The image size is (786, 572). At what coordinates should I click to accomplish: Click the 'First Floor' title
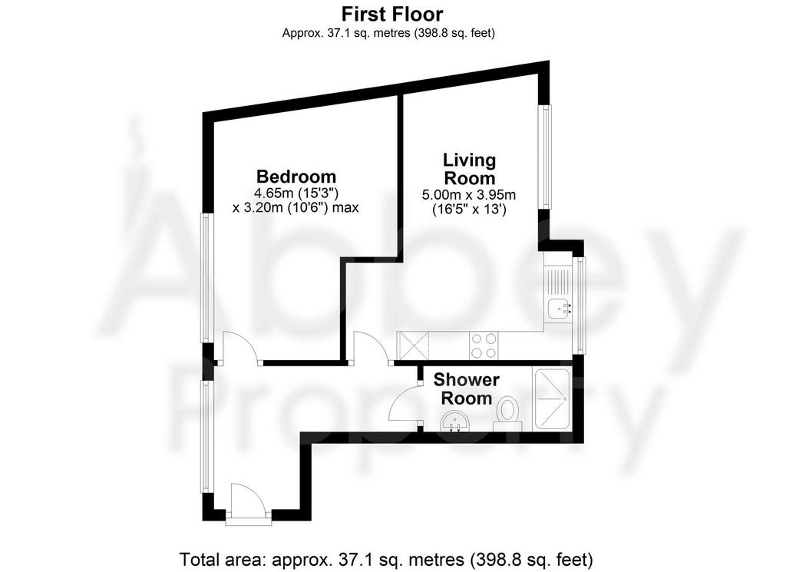pos(392,14)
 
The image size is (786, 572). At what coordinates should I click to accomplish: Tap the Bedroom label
pos(296,177)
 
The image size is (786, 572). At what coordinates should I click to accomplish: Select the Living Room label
pos(470,169)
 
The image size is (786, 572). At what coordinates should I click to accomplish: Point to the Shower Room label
pos(466,389)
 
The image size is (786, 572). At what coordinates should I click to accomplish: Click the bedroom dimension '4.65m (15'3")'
pos(296,193)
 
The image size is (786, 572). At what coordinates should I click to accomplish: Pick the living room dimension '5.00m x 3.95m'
pos(469,194)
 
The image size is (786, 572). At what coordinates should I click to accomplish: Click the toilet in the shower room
pos(508,414)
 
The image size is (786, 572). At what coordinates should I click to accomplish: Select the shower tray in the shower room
pos(552,399)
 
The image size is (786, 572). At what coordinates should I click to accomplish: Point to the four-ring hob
pos(484,346)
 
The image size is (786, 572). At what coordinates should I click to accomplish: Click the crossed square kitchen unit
pos(413,346)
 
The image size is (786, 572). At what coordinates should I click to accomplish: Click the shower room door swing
pos(404,404)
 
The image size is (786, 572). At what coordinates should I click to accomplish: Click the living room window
pos(546,157)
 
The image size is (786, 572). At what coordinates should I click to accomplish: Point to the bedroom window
pos(207,278)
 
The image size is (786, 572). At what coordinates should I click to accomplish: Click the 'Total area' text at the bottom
pos(386,558)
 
